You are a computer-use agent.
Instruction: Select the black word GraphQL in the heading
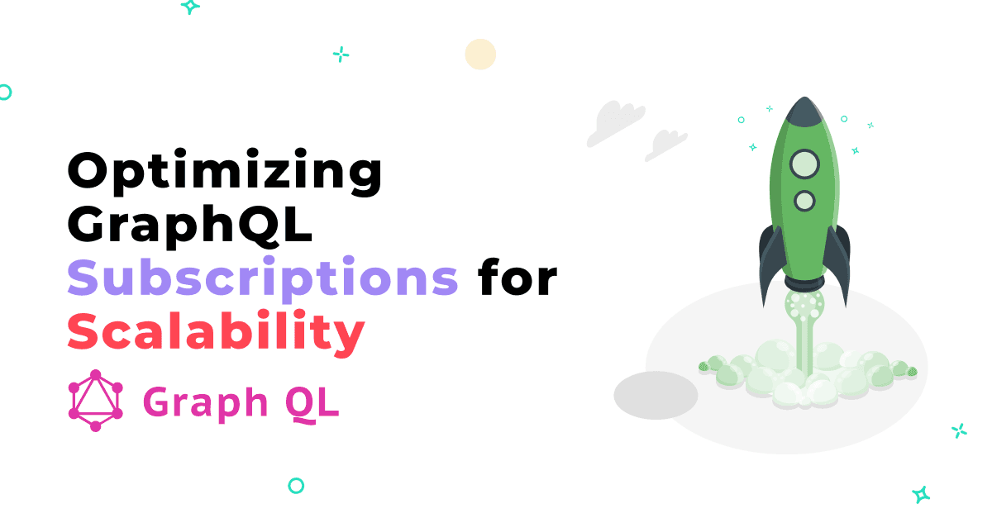pyautogui.click(x=189, y=225)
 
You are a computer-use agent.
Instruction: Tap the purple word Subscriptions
pyautogui.click(x=263, y=278)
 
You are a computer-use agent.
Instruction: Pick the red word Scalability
pyautogui.click(x=216, y=332)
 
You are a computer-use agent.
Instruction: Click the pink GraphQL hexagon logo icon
pyautogui.click(x=96, y=401)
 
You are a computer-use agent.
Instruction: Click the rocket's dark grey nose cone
pyautogui.click(x=804, y=112)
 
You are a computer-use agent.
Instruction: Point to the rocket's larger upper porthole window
pyautogui.click(x=804, y=164)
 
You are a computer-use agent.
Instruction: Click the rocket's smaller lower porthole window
pyautogui.click(x=804, y=201)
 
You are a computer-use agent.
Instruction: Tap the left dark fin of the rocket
pyautogui.click(x=771, y=264)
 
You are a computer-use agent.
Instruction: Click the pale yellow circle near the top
pyautogui.click(x=480, y=54)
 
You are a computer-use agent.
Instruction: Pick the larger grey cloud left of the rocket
pyautogui.click(x=616, y=123)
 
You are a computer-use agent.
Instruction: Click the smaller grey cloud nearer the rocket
pyautogui.click(x=665, y=145)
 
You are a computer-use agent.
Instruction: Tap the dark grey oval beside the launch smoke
pyautogui.click(x=656, y=396)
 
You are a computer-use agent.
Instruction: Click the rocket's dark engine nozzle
pyautogui.click(x=804, y=283)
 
